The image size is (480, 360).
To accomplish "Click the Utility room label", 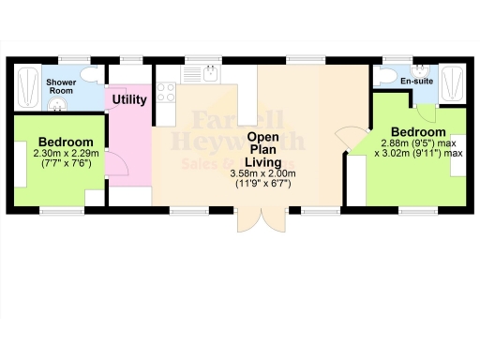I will point(129,99).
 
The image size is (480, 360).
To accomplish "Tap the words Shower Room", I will point(61,86).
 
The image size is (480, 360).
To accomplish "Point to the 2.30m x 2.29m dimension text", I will point(58,153).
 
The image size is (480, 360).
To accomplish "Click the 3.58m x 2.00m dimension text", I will point(262,174).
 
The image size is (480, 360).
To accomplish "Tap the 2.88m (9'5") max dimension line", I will point(419,142).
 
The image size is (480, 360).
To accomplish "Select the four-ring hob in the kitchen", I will point(167,92).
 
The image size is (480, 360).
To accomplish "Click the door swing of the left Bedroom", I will point(118,164).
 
